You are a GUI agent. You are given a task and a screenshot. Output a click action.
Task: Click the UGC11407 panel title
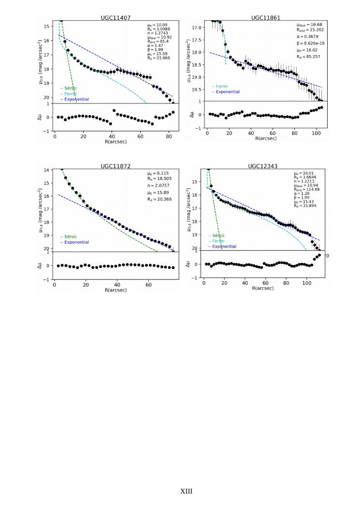point(115,18)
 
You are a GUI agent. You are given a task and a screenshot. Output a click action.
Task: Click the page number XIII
point(186,492)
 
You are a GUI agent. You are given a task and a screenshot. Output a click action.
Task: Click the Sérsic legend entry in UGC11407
point(70,88)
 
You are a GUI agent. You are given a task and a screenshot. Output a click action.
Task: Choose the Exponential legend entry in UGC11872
point(76,242)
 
